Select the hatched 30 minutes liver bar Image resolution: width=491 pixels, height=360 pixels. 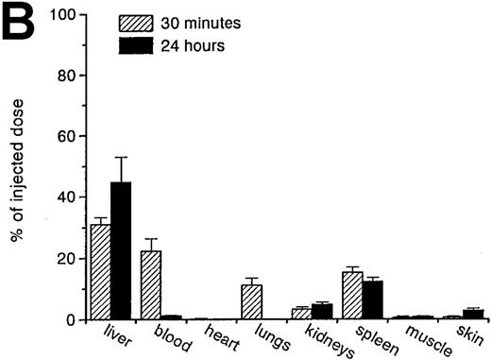100,272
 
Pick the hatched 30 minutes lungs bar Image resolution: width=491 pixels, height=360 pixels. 251,301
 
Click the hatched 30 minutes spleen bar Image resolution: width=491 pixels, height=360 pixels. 353,296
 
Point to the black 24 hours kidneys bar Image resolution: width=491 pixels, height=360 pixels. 322,312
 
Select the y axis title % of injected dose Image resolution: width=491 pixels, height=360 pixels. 18,167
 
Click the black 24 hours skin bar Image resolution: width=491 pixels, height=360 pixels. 474,315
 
